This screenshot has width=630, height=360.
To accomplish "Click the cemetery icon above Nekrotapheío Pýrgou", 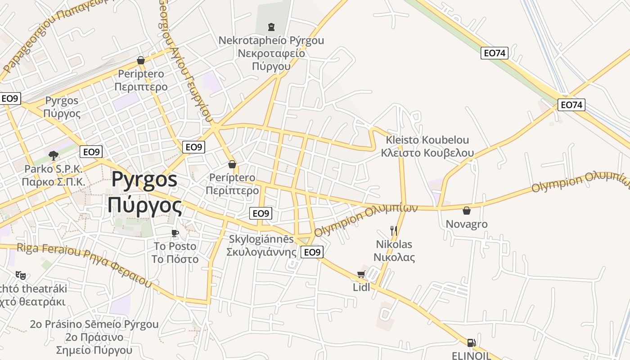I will click(x=271, y=27).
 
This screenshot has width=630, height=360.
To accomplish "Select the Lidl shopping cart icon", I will click(x=361, y=274).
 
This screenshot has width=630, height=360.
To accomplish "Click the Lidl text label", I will click(x=361, y=287).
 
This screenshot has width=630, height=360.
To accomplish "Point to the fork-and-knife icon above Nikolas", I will click(x=394, y=231).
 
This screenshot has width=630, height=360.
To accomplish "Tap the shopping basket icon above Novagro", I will click(x=467, y=211).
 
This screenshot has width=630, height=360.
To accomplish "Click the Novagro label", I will click(x=467, y=224).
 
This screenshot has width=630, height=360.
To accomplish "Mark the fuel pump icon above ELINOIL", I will click(x=471, y=343).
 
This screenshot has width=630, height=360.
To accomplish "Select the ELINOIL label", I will click(x=471, y=355).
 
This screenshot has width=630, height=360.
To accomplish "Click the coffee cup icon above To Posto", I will click(x=175, y=233).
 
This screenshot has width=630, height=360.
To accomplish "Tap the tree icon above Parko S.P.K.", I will click(x=54, y=156).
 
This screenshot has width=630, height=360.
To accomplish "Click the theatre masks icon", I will click(x=20, y=275).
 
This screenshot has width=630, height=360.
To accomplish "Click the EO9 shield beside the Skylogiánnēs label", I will click(x=312, y=252).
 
